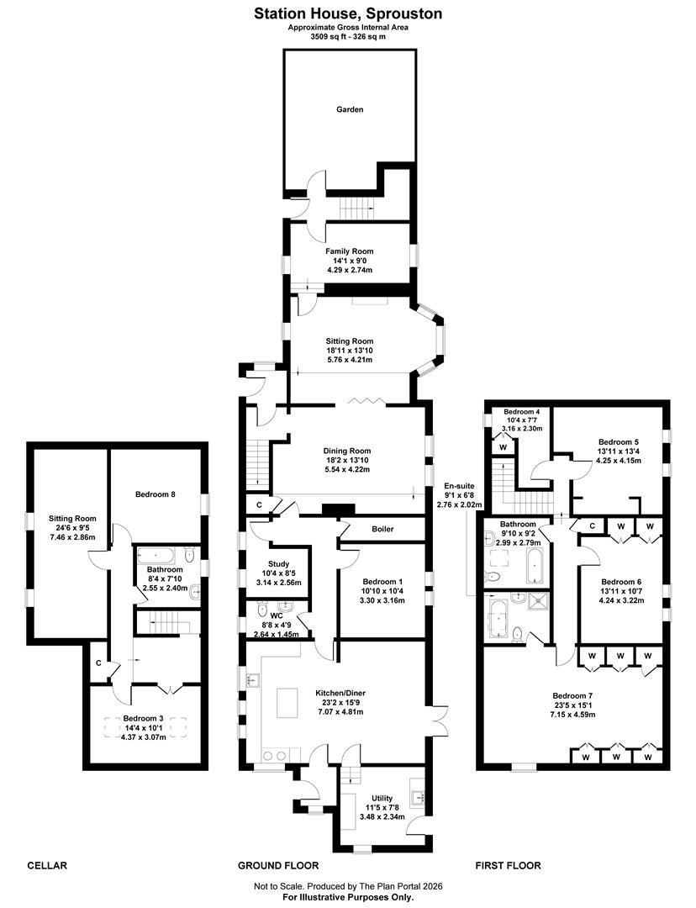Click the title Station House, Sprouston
pos(348,13)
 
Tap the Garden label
pos(350,109)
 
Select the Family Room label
pos(350,251)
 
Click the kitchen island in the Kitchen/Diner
pos(287,703)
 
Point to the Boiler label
pos(382,530)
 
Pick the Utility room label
pos(382,799)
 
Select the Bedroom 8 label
pos(156,494)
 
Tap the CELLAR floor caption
pos(47,865)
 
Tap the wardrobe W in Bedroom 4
pos(502,447)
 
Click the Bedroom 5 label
pos(619,441)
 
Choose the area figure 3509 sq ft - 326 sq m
pos(348,37)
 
